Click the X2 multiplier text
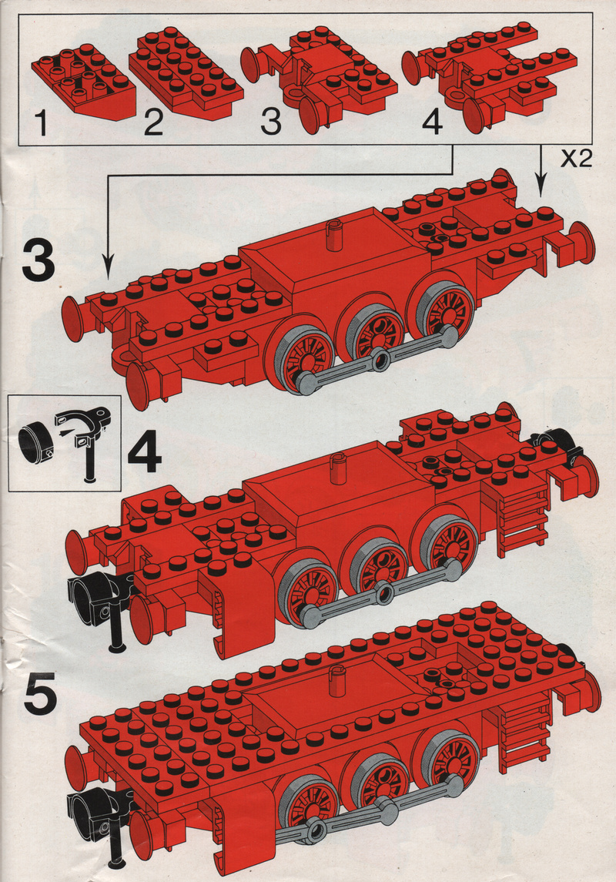click(x=576, y=159)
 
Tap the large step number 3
click(x=38, y=260)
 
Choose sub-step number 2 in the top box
click(x=153, y=122)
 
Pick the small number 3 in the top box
click(x=271, y=122)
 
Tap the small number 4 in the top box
click(x=432, y=122)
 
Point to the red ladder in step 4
click(x=522, y=520)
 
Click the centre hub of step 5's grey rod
click(x=316, y=828)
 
